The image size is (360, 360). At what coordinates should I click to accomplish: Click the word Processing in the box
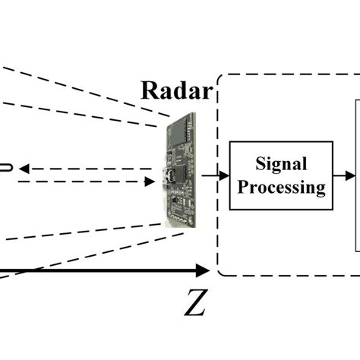pyautogui.click(x=281, y=186)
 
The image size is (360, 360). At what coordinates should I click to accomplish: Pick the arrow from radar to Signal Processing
pyautogui.click(x=215, y=175)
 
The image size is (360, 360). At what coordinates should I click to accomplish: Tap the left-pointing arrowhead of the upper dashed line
pyautogui.click(x=24, y=169)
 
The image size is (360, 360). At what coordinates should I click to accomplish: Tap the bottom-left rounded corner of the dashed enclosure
pyautogui.click(x=222, y=271)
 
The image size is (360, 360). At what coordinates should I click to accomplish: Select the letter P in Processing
pyautogui.click(x=241, y=186)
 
